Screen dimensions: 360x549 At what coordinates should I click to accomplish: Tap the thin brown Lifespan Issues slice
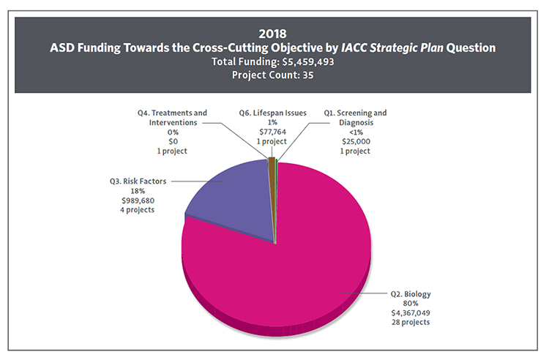[x=272, y=162]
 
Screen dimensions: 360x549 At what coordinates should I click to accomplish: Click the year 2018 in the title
[x=274, y=33]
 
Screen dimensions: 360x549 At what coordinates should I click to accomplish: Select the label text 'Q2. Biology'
[x=408, y=294]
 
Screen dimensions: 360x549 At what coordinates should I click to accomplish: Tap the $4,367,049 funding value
[x=408, y=313]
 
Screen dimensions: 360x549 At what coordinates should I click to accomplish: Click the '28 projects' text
[x=408, y=323]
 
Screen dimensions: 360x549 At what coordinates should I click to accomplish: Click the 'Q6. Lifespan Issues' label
[x=273, y=113]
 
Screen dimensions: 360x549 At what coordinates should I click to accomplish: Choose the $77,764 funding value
[x=273, y=132]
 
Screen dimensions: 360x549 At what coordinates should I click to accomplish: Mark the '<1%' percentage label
[x=354, y=132]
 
